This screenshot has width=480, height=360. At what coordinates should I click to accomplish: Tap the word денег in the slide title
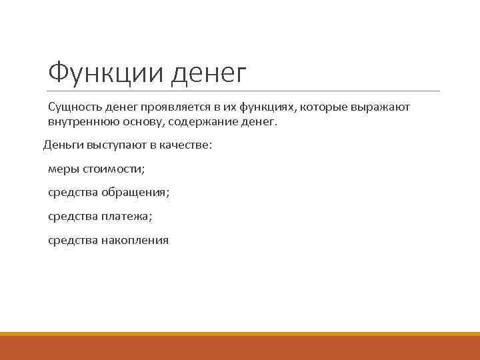pos(208,74)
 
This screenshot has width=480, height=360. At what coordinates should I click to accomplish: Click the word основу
pos(134,123)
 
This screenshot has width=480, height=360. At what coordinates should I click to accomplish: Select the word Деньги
pos(62,145)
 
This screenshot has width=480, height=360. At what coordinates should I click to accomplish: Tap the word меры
pos(62,169)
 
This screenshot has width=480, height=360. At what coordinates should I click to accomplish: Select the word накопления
pos(135,240)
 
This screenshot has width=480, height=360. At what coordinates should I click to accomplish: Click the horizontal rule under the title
pos(243,91)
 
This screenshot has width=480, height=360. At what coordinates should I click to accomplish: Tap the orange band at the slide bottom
pos(240,347)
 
